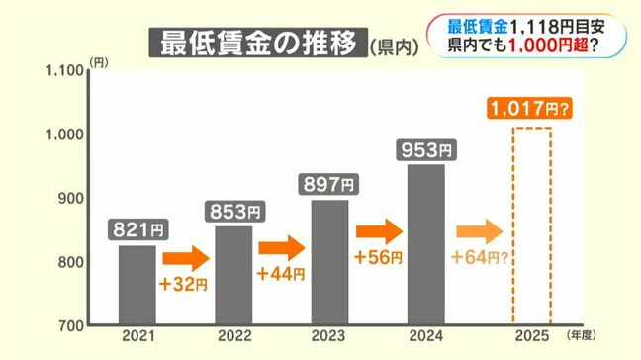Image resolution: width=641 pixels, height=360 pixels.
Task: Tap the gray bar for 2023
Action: [330, 261]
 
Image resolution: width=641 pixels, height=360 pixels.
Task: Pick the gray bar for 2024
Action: [426, 243]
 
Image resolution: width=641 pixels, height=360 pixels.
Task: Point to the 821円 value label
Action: [137, 230]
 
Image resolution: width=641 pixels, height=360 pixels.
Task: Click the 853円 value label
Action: [233, 213]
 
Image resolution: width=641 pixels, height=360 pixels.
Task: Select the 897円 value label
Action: [330, 184]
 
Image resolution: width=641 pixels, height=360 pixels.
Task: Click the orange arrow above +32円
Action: [186, 259]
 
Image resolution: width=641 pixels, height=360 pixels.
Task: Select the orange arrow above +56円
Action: [379, 231]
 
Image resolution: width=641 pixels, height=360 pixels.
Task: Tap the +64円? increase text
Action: [479, 259]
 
